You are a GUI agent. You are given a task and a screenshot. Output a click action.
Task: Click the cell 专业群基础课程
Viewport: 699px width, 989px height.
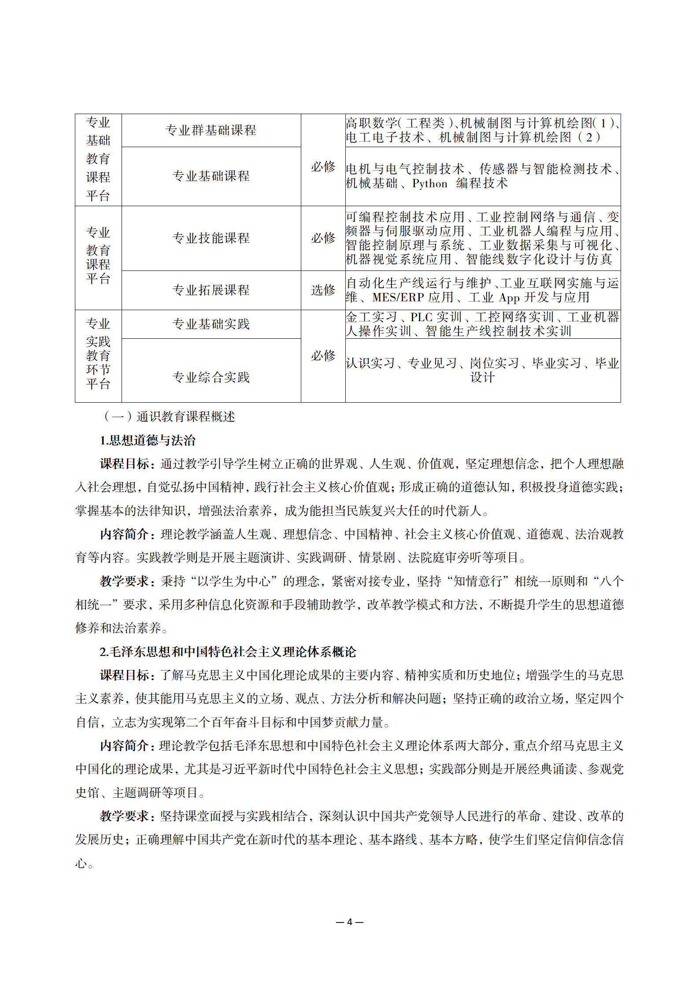[x=211, y=130]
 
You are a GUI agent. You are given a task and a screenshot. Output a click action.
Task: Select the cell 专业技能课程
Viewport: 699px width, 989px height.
[x=211, y=238]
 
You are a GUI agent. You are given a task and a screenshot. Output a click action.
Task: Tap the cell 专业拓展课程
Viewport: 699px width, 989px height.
[x=211, y=290]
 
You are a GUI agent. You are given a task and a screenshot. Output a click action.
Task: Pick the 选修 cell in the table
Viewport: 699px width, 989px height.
[x=323, y=290]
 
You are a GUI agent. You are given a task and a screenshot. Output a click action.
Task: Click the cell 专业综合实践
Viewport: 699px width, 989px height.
[x=211, y=377]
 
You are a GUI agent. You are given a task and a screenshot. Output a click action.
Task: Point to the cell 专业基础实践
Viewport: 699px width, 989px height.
[x=211, y=324]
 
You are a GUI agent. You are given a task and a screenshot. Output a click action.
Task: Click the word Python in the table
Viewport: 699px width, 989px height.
[x=429, y=184]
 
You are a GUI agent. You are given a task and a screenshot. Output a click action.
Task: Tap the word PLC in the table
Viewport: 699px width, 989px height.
[x=424, y=317]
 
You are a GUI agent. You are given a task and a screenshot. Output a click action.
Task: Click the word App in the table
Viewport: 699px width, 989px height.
[x=509, y=298]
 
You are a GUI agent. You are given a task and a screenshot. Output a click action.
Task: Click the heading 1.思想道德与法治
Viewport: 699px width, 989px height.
[x=148, y=440]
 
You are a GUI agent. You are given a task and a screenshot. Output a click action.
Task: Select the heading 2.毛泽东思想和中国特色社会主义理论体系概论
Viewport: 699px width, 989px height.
[x=228, y=652]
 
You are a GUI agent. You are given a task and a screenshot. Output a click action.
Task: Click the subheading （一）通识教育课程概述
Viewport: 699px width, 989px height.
[x=169, y=416]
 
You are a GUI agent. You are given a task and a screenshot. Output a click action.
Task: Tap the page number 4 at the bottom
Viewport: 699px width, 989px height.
[x=349, y=922]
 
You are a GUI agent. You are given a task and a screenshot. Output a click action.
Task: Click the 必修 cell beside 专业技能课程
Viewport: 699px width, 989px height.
[x=323, y=238]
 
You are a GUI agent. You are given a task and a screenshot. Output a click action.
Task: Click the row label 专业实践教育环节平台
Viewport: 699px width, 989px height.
[x=98, y=354]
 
